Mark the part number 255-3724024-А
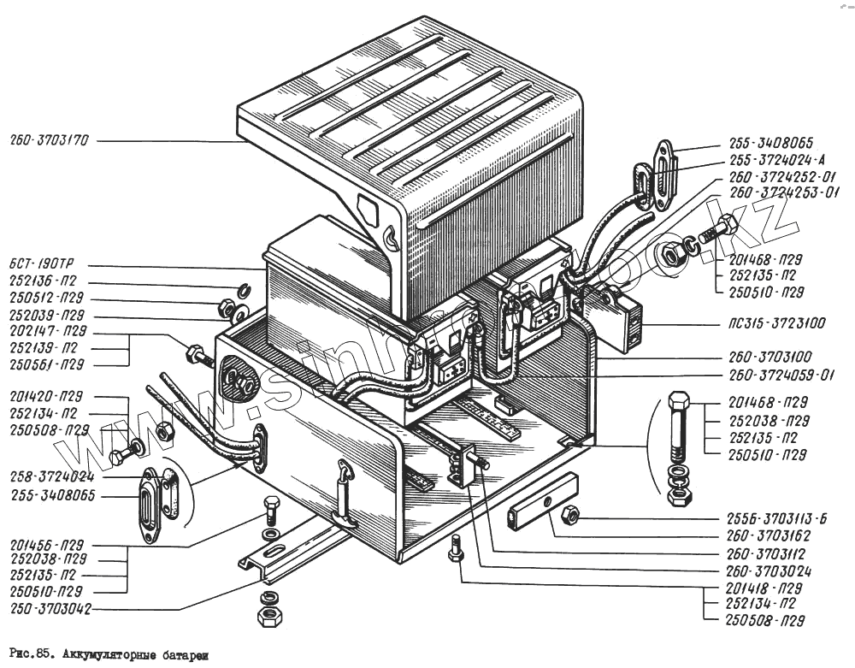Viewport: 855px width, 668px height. (x=777, y=160)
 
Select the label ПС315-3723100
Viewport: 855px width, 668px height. (x=773, y=326)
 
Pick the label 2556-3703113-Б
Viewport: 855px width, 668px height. (x=779, y=519)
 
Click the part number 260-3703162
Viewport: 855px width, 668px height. (x=769, y=536)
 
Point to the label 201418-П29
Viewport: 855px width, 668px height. (x=760, y=589)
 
